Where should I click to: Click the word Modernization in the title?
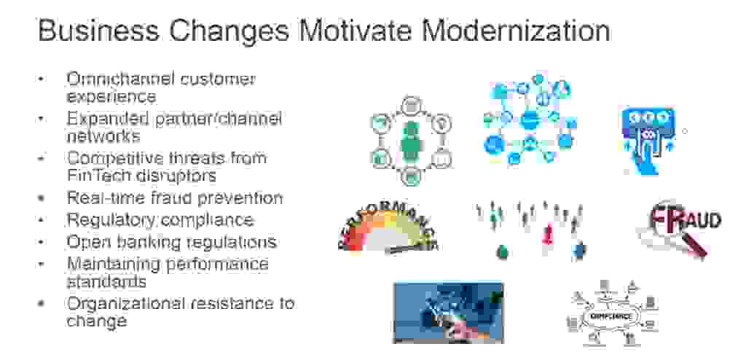(x=516, y=31)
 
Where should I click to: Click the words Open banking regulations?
(x=172, y=241)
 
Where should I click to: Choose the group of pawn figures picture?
(x=530, y=230)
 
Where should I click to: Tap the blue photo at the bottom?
(x=448, y=312)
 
